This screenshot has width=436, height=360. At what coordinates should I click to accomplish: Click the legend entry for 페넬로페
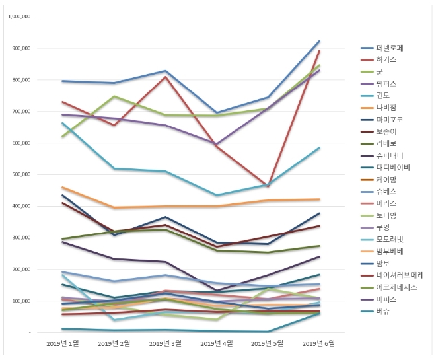[x=390, y=48]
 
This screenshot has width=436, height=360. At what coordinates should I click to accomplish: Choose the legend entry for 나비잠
[x=386, y=108]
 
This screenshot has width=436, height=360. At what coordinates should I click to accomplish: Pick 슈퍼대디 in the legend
[x=390, y=155]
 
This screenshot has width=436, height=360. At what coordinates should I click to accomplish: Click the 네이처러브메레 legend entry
[x=400, y=275]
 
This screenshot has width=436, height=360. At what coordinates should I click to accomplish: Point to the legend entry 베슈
[x=383, y=311]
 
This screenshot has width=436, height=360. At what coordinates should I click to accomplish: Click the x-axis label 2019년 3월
[x=164, y=343]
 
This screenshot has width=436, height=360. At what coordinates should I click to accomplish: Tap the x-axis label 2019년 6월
[x=320, y=343]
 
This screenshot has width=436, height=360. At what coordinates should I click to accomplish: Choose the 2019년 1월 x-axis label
[x=63, y=343]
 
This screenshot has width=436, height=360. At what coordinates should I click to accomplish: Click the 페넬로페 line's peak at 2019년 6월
[x=320, y=41]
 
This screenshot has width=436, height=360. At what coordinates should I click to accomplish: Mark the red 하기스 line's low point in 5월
[x=268, y=186]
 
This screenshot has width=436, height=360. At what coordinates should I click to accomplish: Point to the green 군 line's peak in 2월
[x=114, y=96]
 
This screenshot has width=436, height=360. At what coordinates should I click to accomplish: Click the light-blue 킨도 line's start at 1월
[x=63, y=123]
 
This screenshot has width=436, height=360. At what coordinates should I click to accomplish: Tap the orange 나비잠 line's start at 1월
[x=63, y=187]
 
